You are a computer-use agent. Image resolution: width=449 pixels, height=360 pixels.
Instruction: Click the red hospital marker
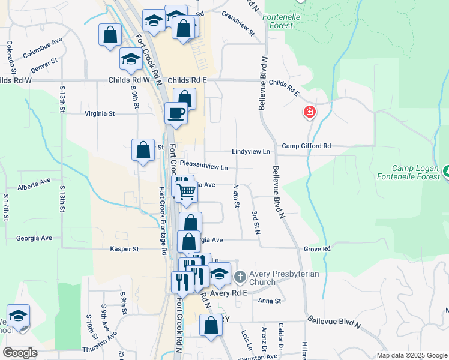click(310, 112)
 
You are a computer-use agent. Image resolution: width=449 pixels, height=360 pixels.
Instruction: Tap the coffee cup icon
click(176, 113)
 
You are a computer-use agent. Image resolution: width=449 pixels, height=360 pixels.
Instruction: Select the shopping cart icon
click(187, 192)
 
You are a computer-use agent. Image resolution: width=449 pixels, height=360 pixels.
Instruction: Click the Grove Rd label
click(317, 248)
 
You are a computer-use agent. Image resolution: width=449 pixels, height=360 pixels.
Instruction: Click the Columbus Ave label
click(43, 49)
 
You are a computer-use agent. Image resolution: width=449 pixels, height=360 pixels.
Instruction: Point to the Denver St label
click(44, 65)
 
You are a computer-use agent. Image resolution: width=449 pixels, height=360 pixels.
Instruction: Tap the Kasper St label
click(124, 248)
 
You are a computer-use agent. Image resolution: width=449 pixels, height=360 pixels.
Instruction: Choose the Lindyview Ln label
click(250, 152)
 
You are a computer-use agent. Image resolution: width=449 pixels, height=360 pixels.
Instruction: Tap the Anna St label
click(270, 301)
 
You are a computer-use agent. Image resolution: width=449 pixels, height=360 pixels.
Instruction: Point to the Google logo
click(20, 353)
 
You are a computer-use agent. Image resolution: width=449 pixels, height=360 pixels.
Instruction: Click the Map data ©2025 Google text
click(411, 355)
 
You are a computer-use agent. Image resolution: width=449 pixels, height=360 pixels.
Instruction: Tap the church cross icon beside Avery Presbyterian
click(240, 277)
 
